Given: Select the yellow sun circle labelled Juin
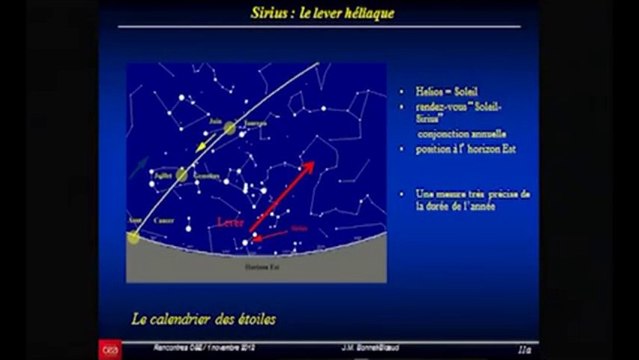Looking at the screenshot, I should tap(230, 128).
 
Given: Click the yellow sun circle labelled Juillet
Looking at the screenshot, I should tap(181, 175).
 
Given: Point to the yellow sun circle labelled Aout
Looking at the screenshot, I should tap(134, 237).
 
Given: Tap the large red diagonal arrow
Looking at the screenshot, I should tap(282, 195).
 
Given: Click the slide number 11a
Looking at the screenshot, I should tap(522, 349).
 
